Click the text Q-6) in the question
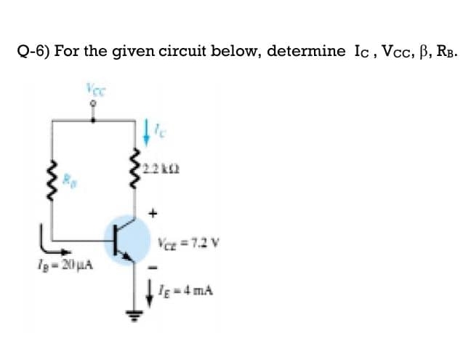coord(33,52)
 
